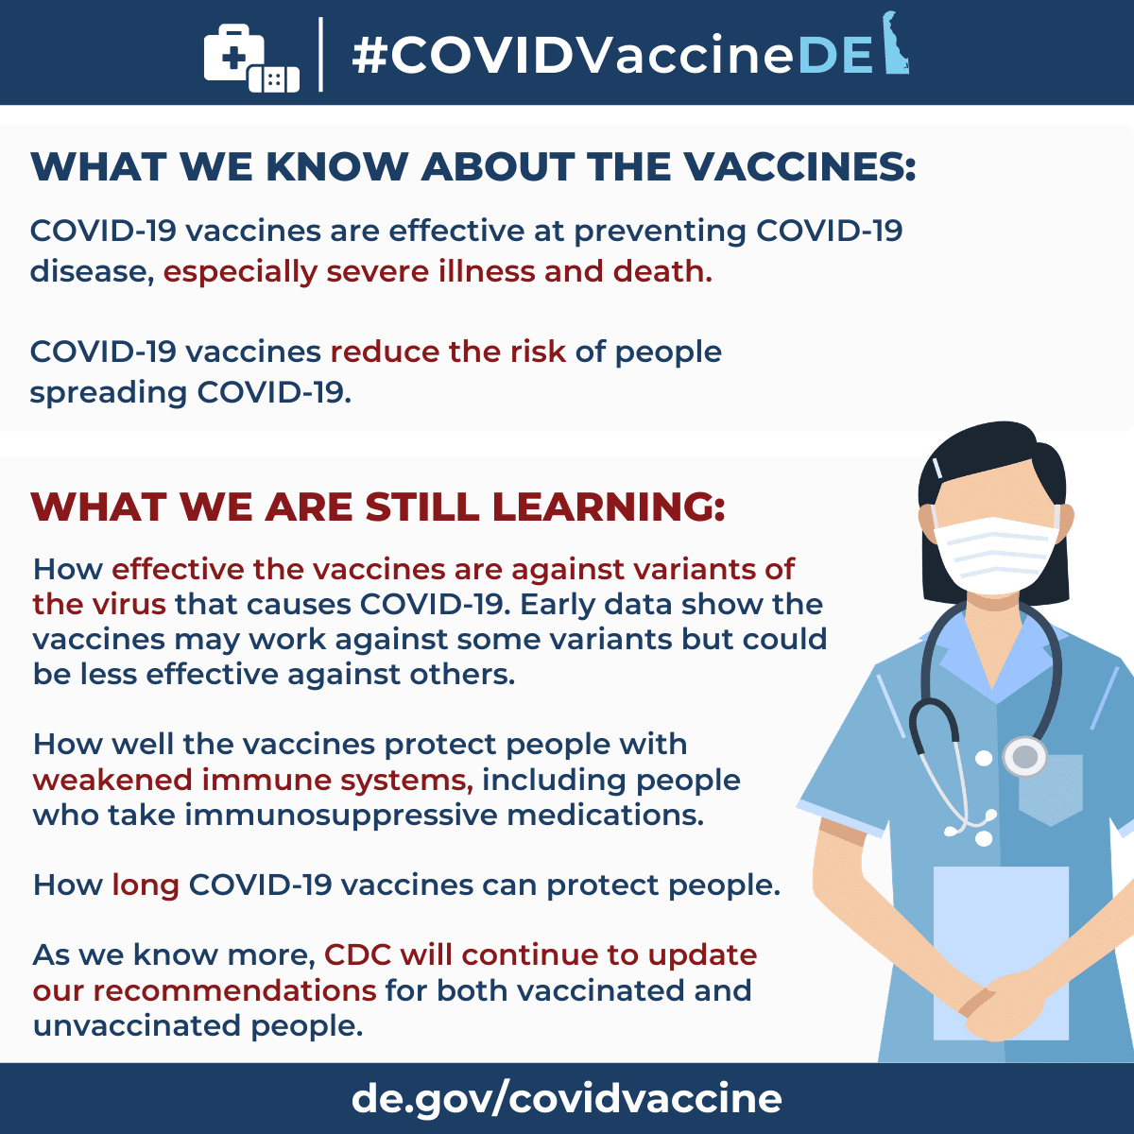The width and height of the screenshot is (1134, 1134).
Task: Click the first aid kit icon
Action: pos(234,52)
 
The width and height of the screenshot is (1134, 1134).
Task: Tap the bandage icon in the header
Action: pos(274,79)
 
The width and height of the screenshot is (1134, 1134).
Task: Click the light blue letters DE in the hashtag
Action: pos(835,56)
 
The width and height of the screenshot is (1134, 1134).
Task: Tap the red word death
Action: pos(662,271)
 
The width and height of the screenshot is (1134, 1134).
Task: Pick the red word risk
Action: pos(538,352)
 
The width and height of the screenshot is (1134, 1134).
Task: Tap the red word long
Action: pos(146,885)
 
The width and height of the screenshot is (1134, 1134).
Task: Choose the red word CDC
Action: pos(358,954)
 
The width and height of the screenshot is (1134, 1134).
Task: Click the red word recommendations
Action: pos(234,990)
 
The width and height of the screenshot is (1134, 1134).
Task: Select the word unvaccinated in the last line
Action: pos(137,1025)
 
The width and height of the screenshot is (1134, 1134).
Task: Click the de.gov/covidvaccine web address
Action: pos(567,1098)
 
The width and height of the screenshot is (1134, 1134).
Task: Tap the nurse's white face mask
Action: pos(996,554)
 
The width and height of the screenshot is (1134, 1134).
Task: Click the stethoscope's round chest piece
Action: pos(1025,756)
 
